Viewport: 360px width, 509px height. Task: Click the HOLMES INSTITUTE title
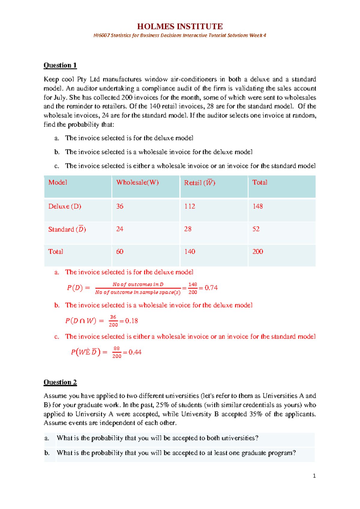(x=180, y=26)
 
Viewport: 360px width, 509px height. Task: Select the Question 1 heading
(x=60, y=65)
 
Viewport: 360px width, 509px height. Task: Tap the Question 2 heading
(x=60, y=382)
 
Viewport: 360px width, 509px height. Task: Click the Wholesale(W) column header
(x=137, y=182)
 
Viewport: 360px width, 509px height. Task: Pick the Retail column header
(x=199, y=183)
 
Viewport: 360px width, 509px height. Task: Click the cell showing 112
(x=190, y=206)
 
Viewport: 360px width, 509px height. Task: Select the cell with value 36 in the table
(x=120, y=206)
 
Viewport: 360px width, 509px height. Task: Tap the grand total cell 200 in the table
(x=257, y=251)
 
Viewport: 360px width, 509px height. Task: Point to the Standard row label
(x=67, y=229)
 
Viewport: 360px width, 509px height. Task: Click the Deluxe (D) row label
(x=64, y=206)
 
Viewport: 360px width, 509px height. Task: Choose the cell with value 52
(x=256, y=229)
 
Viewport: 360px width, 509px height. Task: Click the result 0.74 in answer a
(x=211, y=288)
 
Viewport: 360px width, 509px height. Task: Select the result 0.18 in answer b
(x=131, y=321)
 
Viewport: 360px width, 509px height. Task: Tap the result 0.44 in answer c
(x=135, y=352)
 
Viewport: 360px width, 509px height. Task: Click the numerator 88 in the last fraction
(x=117, y=348)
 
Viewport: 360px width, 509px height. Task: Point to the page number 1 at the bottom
(x=314, y=476)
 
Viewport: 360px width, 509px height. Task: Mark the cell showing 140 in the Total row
(x=190, y=251)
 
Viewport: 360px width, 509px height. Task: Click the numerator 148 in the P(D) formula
(x=193, y=284)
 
